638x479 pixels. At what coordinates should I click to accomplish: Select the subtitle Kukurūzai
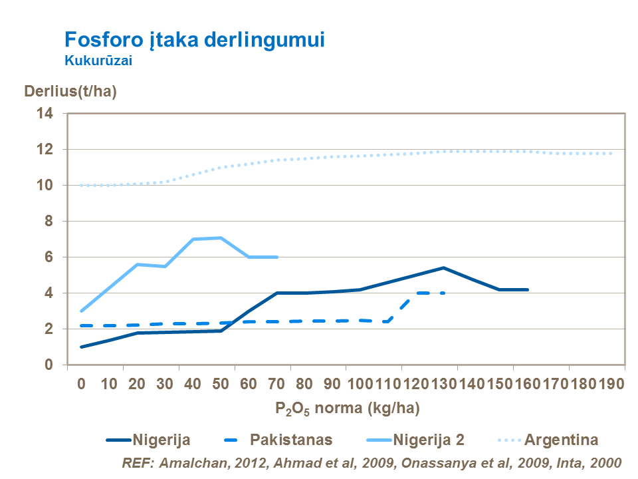tap(98, 60)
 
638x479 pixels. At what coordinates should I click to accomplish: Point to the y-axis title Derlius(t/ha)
tap(70, 92)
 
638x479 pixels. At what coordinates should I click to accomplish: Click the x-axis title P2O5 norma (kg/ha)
tap(347, 407)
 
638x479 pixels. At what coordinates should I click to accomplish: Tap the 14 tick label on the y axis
tap(44, 114)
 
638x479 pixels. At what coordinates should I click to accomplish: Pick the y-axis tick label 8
tap(48, 222)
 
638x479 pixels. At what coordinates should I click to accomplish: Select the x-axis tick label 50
tap(221, 384)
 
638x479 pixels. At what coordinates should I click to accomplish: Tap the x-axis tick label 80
tap(304, 384)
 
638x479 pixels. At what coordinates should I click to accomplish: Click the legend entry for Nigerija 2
tap(428, 440)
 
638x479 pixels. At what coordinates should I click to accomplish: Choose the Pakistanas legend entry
tap(291, 440)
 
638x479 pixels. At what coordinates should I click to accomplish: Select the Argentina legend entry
tap(562, 440)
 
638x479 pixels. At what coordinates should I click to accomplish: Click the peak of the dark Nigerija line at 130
tap(443, 267)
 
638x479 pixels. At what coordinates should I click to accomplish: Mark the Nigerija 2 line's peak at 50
tap(221, 238)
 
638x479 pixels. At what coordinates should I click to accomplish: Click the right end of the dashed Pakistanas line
tap(443, 293)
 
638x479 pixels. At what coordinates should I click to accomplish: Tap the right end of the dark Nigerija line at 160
tap(527, 289)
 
